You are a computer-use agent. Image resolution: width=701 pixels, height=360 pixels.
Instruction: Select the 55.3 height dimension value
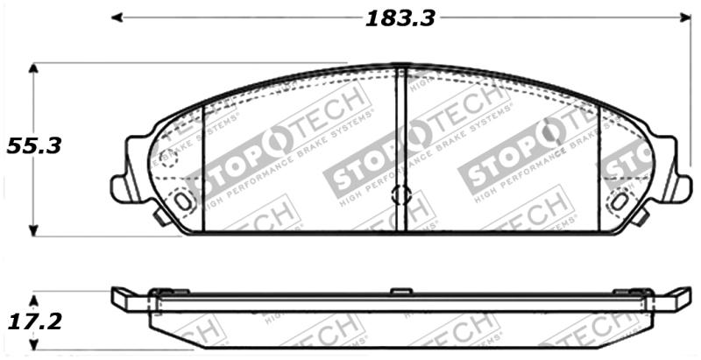[34, 146]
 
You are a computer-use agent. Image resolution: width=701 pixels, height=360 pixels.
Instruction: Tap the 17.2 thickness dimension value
[34, 321]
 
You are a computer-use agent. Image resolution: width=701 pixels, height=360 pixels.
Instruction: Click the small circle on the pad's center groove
[400, 194]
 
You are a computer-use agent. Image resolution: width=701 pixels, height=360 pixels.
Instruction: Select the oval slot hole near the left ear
[183, 201]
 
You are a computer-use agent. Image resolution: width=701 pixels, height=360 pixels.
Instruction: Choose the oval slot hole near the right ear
[620, 201]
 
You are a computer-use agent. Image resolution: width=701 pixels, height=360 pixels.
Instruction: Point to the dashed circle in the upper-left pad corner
[166, 158]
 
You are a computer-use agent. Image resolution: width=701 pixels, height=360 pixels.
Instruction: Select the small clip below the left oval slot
[162, 215]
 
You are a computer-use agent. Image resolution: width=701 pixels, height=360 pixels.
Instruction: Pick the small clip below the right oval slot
[641, 215]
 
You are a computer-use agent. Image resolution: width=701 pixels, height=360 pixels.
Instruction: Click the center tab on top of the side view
[400, 291]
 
